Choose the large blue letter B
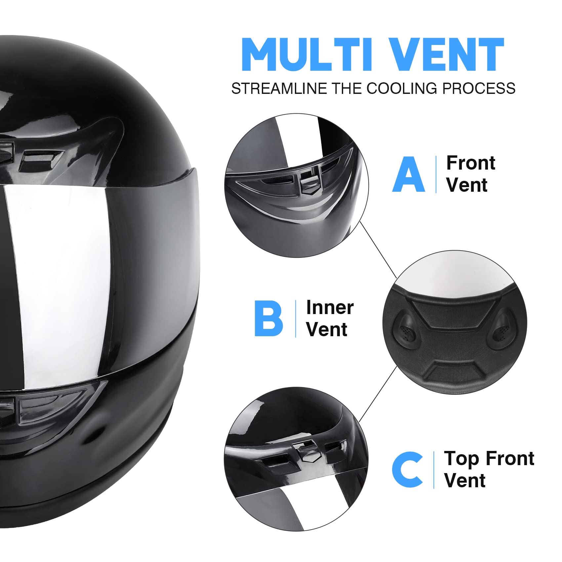(x=268, y=318)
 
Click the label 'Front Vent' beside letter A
(x=470, y=174)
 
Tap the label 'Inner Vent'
(x=330, y=318)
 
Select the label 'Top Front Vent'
(x=489, y=469)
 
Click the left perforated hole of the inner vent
(x=405, y=331)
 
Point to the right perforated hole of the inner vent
(x=503, y=331)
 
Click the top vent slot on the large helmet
(x=38, y=159)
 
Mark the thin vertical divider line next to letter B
(x=296, y=318)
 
